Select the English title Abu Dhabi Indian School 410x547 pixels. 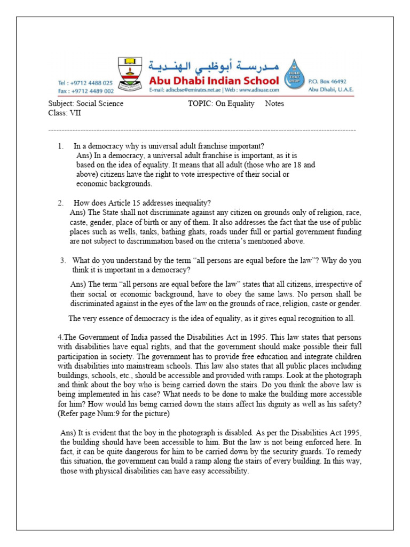coord(214,81)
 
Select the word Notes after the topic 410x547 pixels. coord(274,104)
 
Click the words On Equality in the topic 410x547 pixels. coord(235,104)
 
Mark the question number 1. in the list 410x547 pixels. coord(61,146)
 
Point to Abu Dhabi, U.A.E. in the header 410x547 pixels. coord(330,90)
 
